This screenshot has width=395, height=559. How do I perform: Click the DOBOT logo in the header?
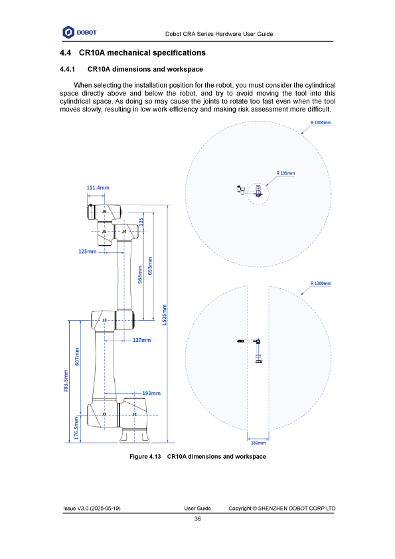point(80,33)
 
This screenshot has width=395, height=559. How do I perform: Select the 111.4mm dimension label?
point(98,188)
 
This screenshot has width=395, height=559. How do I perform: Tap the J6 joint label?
point(104,211)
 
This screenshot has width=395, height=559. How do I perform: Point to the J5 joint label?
point(104,232)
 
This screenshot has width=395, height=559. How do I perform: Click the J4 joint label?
point(124,232)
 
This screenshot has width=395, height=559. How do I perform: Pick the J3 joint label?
point(104,320)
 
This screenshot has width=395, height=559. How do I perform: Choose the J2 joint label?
point(104,414)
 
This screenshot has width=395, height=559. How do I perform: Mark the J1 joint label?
point(134,414)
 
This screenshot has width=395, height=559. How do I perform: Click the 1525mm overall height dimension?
point(165,315)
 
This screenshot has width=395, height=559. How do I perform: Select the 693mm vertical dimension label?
point(150,266)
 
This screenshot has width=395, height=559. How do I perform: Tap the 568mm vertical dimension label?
point(140,274)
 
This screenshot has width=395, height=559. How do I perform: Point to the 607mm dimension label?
point(77,356)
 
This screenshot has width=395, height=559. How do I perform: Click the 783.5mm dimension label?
point(66,381)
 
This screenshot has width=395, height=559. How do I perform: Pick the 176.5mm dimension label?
point(76,428)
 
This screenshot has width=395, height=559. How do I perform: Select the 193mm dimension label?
point(151,393)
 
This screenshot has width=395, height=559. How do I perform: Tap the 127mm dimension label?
point(142,340)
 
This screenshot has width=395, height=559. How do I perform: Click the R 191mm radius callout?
point(286,173)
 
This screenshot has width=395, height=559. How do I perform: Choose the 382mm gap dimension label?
point(258,443)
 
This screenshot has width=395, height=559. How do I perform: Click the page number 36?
point(198,519)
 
